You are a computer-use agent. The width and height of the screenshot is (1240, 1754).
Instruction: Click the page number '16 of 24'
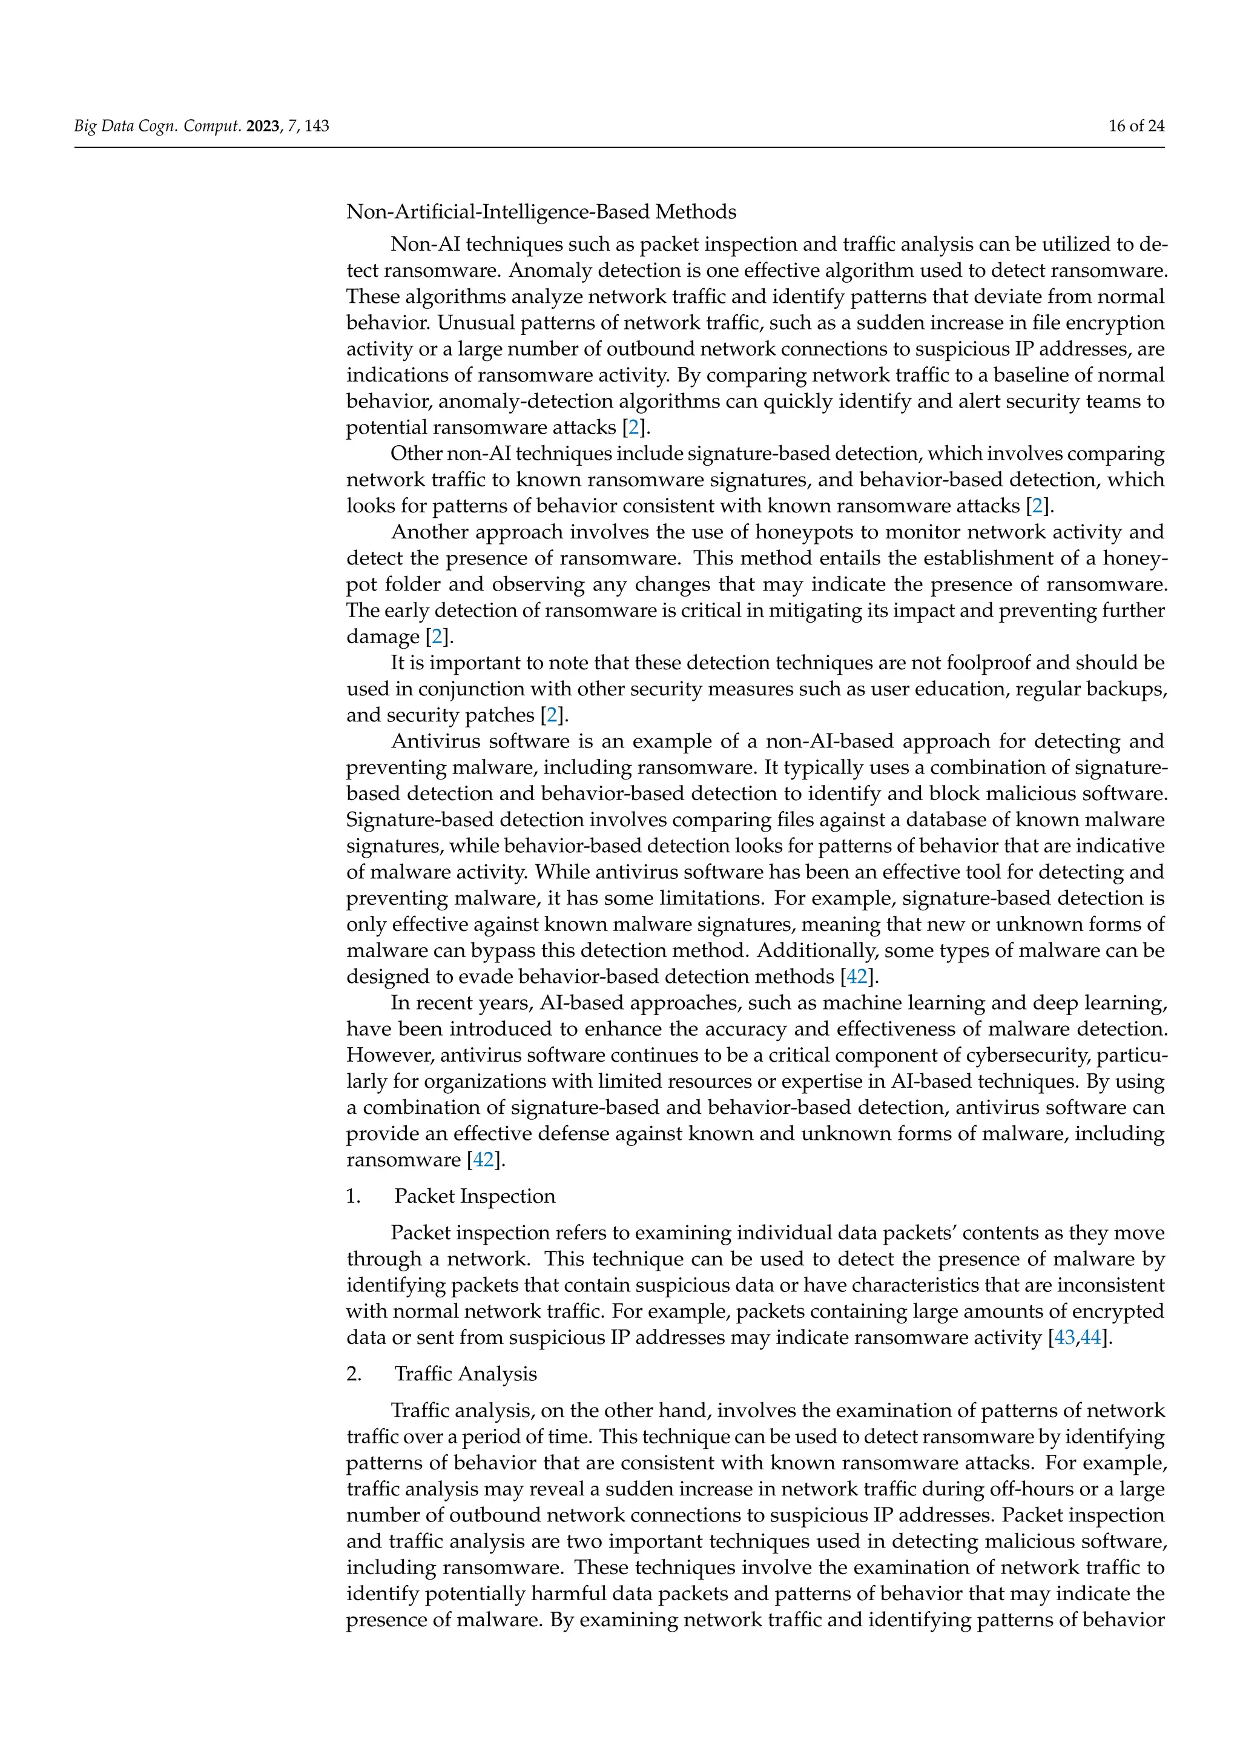[1136, 126]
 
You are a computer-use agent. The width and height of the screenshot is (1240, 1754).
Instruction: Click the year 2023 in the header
[263, 126]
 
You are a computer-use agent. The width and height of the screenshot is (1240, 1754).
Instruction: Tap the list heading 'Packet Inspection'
[474, 1196]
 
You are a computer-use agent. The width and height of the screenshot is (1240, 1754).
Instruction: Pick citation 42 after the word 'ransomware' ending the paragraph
[483, 1160]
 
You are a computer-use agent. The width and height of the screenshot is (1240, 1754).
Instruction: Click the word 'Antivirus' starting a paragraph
[436, 742]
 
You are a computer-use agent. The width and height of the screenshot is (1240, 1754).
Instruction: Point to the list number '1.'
[354, 1196]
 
